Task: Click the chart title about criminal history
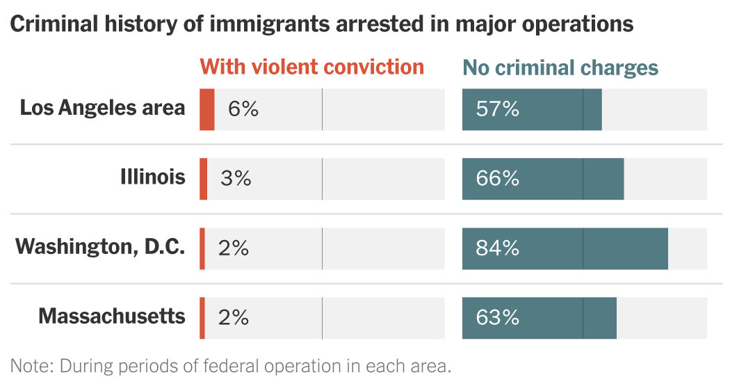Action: point(322,24)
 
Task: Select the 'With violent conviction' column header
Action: point(311,67)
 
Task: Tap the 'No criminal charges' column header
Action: point(560,67)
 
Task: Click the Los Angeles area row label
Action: point(102,108)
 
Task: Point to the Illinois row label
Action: point(153,177)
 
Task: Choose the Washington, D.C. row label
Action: point(100,247)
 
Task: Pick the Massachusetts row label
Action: point(112,317)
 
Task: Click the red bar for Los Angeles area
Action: point(207,109)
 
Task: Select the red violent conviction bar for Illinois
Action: point(204,179)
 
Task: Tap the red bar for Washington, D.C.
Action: point(202,248)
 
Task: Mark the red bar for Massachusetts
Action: point(202,318)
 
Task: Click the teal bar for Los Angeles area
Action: point(532,109)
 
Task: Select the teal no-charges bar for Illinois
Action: point(543,179)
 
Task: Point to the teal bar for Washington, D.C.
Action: point(565,248)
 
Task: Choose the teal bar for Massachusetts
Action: point(540,318)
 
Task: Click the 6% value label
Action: point(243,109)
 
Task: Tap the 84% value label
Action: point(497,248)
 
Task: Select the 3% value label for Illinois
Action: point(236,179)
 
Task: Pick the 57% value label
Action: point(497,109)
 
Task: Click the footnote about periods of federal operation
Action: point(231,366)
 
